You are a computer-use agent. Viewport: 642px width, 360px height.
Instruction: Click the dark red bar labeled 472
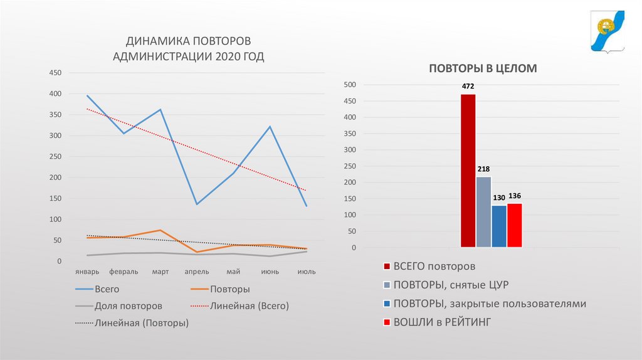tap(468, 171)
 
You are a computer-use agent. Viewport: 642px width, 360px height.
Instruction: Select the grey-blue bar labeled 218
tap(483, 212)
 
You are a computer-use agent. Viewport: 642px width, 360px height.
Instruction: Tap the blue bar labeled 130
tap(499, 226)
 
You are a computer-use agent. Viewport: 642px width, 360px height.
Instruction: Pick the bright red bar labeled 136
tap(515, 225)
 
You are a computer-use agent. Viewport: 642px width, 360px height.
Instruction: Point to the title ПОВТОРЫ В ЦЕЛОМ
tap(483, 68)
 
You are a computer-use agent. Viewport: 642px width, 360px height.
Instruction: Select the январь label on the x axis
tap(87, 272)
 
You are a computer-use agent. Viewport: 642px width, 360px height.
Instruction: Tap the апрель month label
tap(197, 272)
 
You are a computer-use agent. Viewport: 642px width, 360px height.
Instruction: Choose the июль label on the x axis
tap(307, 272)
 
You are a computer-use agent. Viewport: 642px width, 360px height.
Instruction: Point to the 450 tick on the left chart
tap(55, 73)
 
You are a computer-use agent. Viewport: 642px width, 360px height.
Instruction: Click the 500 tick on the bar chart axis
tap(350, 85)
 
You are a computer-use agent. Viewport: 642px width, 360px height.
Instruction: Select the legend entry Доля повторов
tap(128, 306)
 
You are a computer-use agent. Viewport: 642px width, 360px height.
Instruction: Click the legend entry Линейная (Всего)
tap(249, 306)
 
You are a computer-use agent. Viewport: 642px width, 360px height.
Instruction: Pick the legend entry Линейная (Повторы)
tap(141, 323)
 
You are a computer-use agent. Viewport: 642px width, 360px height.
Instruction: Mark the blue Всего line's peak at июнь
tap(270, 127)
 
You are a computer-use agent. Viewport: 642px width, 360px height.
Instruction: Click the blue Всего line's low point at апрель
tap(197, 204)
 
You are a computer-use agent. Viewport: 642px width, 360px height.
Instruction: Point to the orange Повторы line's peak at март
tap(160, 230)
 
